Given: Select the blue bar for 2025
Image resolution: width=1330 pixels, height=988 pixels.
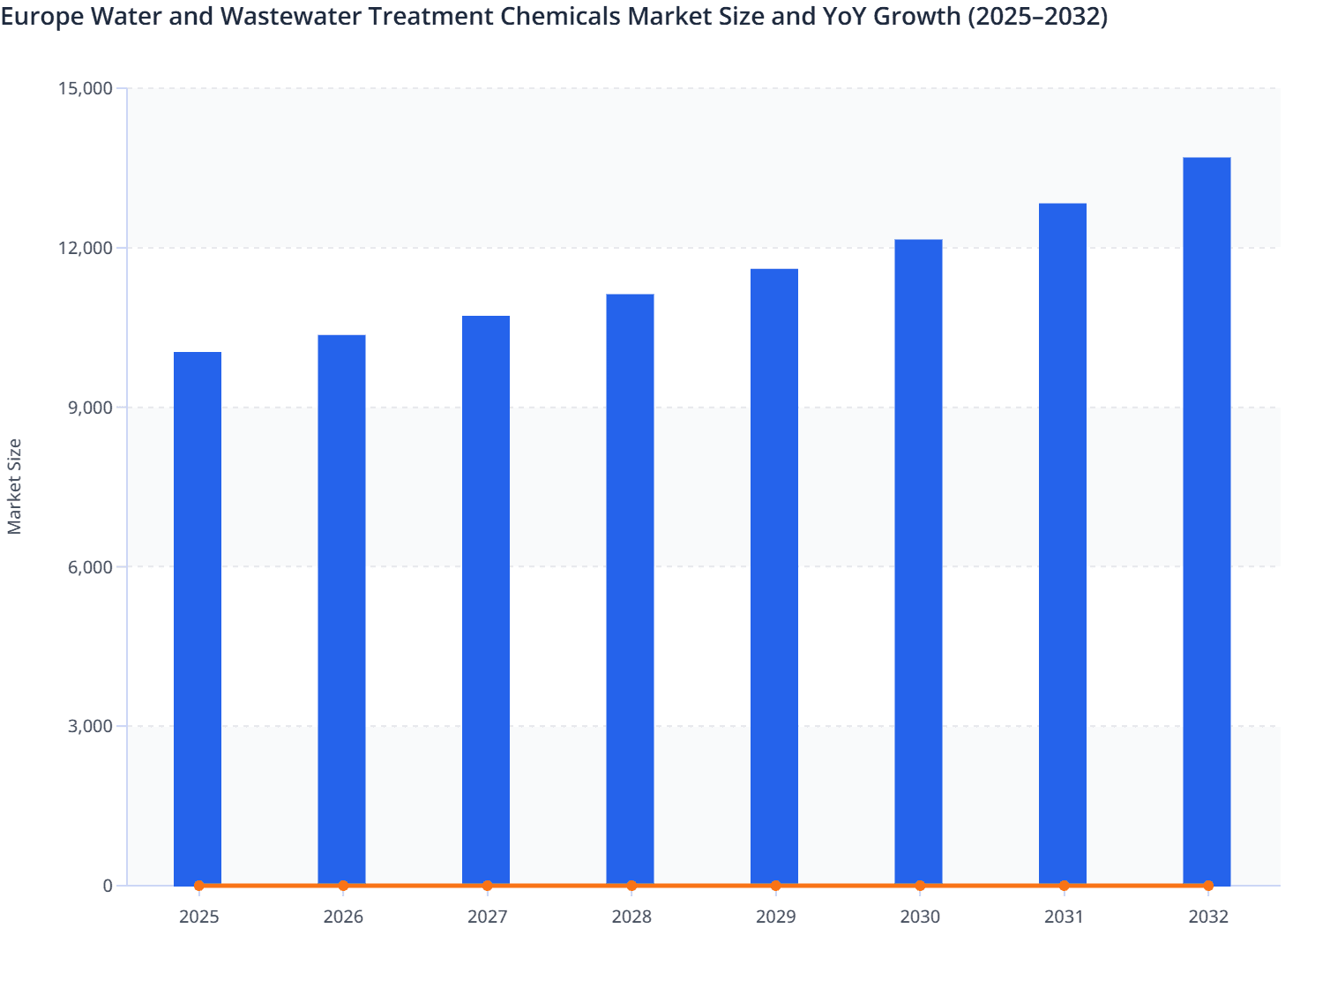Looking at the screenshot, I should [198, 617].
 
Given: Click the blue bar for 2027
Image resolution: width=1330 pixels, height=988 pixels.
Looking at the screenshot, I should [486, 600].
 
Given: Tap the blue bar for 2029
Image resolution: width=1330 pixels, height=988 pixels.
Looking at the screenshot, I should [774, 577].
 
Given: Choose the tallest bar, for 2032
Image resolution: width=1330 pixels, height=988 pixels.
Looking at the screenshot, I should [1207, 520].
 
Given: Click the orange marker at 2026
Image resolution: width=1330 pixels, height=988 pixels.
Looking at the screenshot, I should [343, 886].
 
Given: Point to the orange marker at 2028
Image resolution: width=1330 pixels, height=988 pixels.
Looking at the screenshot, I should [631, 886].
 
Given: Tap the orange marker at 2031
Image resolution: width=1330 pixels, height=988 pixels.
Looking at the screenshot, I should [1064, 886].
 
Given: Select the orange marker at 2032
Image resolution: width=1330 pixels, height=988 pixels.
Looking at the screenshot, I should [1208, 886].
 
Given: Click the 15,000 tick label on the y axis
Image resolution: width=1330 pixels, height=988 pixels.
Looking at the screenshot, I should [85, 88].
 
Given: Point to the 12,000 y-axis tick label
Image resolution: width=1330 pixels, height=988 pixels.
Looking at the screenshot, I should [85, 248].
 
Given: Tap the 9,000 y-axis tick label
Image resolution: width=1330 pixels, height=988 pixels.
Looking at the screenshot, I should [89, 408].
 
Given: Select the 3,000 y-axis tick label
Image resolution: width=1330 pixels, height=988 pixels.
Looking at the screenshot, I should [89, 726].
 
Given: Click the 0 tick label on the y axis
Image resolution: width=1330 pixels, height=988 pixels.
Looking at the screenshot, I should [108, 886].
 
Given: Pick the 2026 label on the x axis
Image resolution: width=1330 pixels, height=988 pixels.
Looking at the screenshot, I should [343, 917].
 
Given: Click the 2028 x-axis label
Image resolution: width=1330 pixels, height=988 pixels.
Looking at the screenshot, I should [631, 917].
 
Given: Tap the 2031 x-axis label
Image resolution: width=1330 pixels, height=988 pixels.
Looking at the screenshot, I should [1064, 917].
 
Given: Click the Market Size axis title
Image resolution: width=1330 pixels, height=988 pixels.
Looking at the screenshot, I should [15, 486].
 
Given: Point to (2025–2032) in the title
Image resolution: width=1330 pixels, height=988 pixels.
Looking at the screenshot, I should [1037, 17].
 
